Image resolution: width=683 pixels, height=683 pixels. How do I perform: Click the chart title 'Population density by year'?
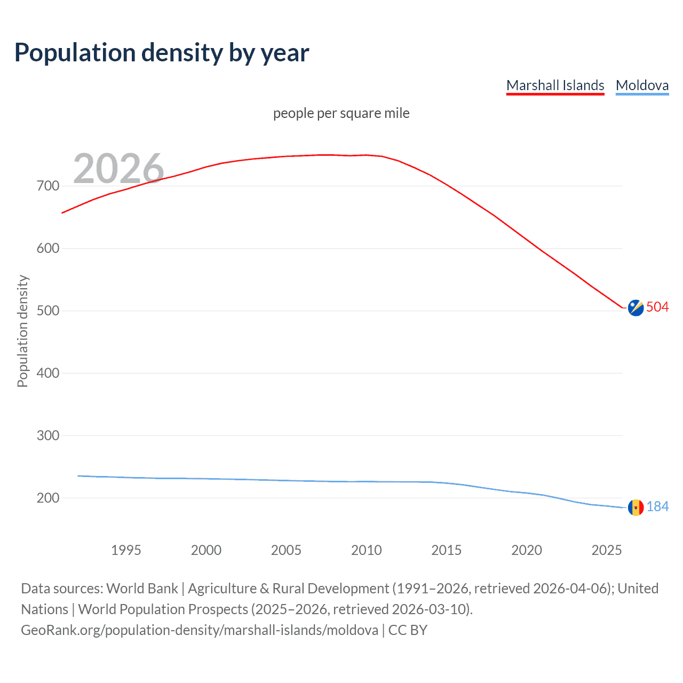[162, 53]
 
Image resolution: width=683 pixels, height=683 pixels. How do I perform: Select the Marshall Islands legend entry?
[555, 85]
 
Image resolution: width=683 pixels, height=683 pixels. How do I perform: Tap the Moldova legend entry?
[642, 85]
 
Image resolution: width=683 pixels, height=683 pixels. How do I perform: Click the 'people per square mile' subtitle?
[341, 113]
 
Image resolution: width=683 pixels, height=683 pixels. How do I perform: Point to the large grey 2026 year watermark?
[118, 168]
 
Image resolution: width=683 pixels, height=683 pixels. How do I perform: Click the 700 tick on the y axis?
[48, 186]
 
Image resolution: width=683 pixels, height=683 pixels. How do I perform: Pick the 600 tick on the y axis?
[48, 249]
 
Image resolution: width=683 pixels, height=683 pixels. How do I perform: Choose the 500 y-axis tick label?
[48, 311]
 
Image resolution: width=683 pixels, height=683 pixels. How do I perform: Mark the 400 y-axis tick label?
[48, 373]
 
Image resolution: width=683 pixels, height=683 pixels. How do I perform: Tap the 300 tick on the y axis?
[48, 435]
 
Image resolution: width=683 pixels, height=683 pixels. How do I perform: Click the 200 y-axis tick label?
[48, 498]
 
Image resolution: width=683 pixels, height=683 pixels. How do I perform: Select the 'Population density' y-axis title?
[22, 331]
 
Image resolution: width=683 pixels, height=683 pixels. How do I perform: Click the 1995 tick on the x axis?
[126, 550]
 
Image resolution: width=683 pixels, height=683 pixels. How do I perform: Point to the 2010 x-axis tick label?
[366, 550]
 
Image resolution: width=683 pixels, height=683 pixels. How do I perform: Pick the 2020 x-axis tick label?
[527, 550]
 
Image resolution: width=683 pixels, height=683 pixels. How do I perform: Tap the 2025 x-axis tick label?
[607, 550]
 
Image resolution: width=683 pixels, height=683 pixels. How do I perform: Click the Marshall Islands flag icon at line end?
[636, 308]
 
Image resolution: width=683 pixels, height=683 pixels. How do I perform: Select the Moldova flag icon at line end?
[636, 507]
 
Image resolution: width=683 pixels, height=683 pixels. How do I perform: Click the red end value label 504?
[657, 307]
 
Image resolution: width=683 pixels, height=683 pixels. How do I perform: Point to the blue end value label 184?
[657, 507]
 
